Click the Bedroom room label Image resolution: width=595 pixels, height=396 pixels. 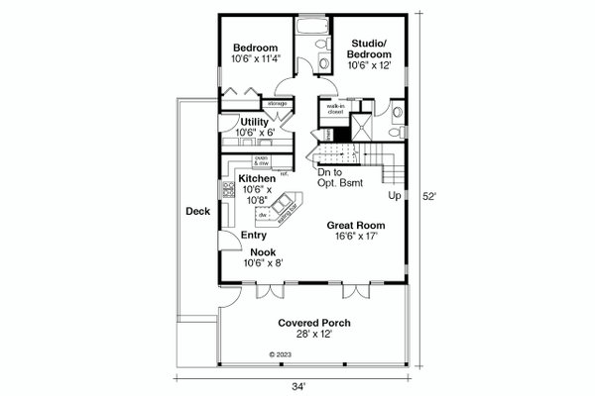click(255, 47)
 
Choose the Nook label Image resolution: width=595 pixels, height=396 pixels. click(263, 252)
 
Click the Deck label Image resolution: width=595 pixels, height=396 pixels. click(194, 211)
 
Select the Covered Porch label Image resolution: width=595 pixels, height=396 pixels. click(314, 323)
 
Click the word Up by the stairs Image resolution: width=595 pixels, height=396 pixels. click(394, 197)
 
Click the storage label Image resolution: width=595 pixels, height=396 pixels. click(277, 103)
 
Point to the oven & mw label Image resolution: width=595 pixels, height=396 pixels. click(263, 159)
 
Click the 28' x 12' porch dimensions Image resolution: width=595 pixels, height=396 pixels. click(314, 335)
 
